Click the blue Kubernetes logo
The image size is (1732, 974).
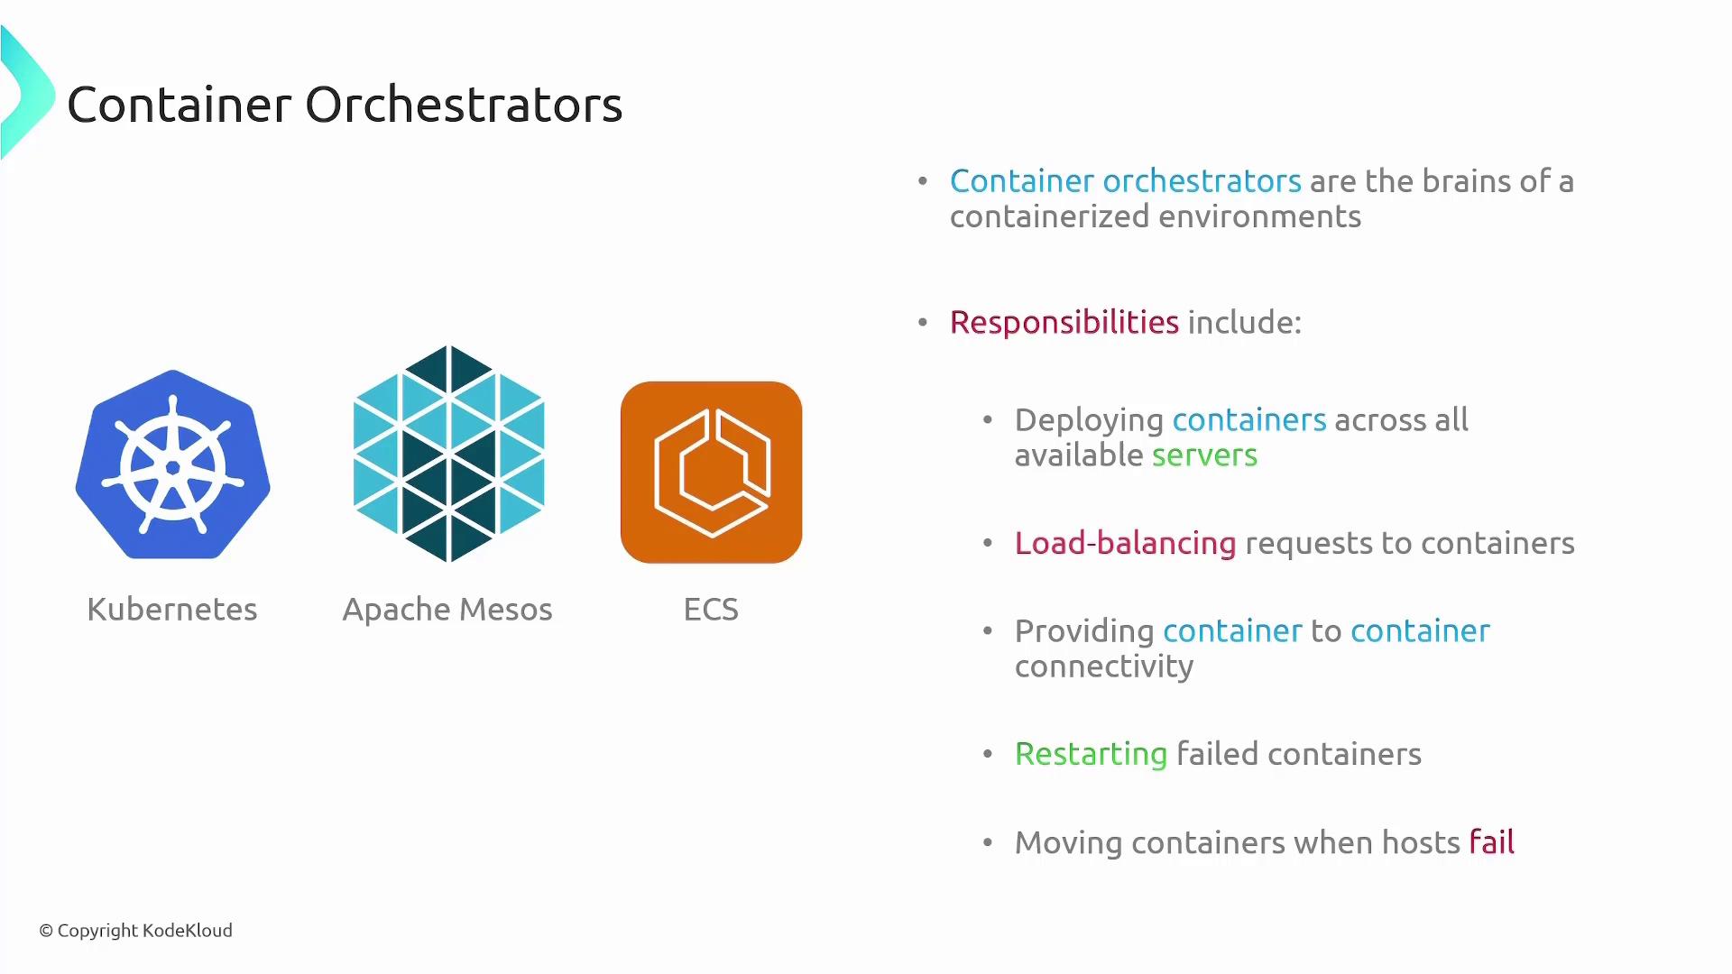pyautogui.click(x=172, y=465)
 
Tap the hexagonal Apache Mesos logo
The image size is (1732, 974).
pyautogui.click(x=448, y=454)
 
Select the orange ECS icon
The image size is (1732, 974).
pyautogui.click(x=711, y=472)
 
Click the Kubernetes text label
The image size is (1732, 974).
pyautogui.click(x=171, y=610)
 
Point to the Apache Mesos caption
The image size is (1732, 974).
pyautogui.click(x=447, y=610)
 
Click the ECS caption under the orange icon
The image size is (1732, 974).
pyautogui.click(x=711, y=610)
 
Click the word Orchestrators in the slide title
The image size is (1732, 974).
pyautogui.click(x=464, y=105)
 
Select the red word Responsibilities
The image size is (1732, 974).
pyautogui.click(x=1064, y=323)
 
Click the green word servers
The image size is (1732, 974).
pyautogui.click(x=1204, y=455)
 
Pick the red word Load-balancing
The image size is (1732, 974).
pyautogui.click(x=1125, y=543)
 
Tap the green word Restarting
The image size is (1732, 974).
pyautogui.click(x=1091, y=754)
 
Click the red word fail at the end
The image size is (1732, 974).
pyautogui.click(x=1491, y=842)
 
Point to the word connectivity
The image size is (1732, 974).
pyautogui.click(x=1103, y=666)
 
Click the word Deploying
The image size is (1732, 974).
pyautogui.click(x=1089, y=420)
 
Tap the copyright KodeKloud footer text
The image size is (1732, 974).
pyautogui.click(x=135, y=931)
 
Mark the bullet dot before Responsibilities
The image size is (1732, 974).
pyautogui.click(x=922, y=323)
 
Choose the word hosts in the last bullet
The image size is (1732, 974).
pyautogui.click(x=1420, y=842)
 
